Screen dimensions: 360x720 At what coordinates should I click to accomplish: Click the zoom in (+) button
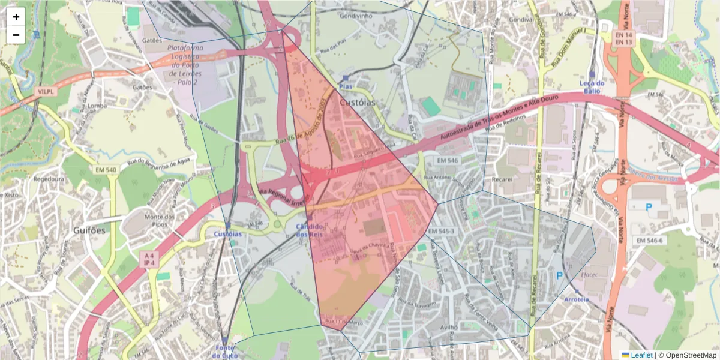pyautogui.click(x=16, y=17)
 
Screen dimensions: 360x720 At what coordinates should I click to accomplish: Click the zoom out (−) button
pyautogui.click(x=16, y=35)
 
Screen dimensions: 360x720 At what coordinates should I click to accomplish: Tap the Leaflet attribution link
pyautogui.click(x=641, y=355)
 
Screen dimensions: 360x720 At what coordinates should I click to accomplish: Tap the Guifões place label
pyautogui.click(x=89, y=230)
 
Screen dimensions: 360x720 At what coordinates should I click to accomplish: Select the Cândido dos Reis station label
pyautogui.click(x=310, y=230)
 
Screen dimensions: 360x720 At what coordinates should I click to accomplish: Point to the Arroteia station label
pyautogui.click(x=577, y=299)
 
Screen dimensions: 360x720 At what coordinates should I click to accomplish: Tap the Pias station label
pyautogui.click(x=345, y=86)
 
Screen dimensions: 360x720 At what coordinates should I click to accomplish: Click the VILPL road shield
pyautogui.click(x=44, y=92)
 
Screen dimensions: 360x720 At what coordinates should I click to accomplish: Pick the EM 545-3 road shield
pyautogui.click(x=441, y=231)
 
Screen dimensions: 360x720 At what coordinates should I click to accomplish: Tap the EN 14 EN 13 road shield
pyautogui.click(x=624, y=39)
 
